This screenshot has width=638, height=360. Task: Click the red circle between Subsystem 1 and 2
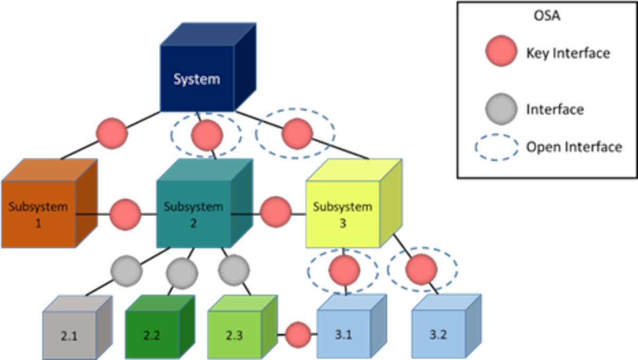[125, 214]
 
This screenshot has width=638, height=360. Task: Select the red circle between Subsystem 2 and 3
[276, 212]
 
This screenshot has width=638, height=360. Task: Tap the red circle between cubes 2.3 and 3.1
[298, 334]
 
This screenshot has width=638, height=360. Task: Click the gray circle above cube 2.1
[126, 271]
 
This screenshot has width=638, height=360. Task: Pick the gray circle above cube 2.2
[182, 273]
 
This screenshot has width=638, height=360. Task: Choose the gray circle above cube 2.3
[233, 270]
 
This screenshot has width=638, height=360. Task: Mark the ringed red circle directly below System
[207, 134]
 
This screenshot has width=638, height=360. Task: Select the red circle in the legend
[501, 51]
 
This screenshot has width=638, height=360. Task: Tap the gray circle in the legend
[501, 108]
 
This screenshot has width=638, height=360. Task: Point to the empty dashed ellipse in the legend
[497, 147]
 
